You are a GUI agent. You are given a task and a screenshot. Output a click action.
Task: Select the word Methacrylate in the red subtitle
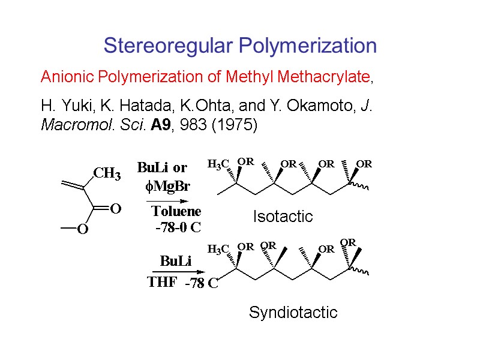click(x=326, y=77)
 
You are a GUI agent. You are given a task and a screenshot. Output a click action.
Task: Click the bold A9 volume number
click(x=181, y=125)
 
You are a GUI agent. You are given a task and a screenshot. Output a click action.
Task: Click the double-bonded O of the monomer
click(x=116, y=209)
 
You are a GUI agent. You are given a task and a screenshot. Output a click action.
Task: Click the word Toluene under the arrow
click(x=176, y=211)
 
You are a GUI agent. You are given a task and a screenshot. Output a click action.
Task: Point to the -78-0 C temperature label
click(x=178, y=227)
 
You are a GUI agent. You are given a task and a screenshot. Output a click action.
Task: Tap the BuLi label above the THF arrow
click(x=175, y=261)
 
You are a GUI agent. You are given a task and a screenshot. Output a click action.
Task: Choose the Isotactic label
click(x=283, y=216)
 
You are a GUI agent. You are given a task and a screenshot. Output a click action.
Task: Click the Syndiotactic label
click(x=293, y=312)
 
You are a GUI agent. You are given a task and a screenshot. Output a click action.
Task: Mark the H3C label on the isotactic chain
click(x=218, y=164)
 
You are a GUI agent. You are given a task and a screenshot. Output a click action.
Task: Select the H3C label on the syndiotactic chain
click(x=218, y=248)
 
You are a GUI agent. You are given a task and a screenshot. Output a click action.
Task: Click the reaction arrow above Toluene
click(x=170, y=200)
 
